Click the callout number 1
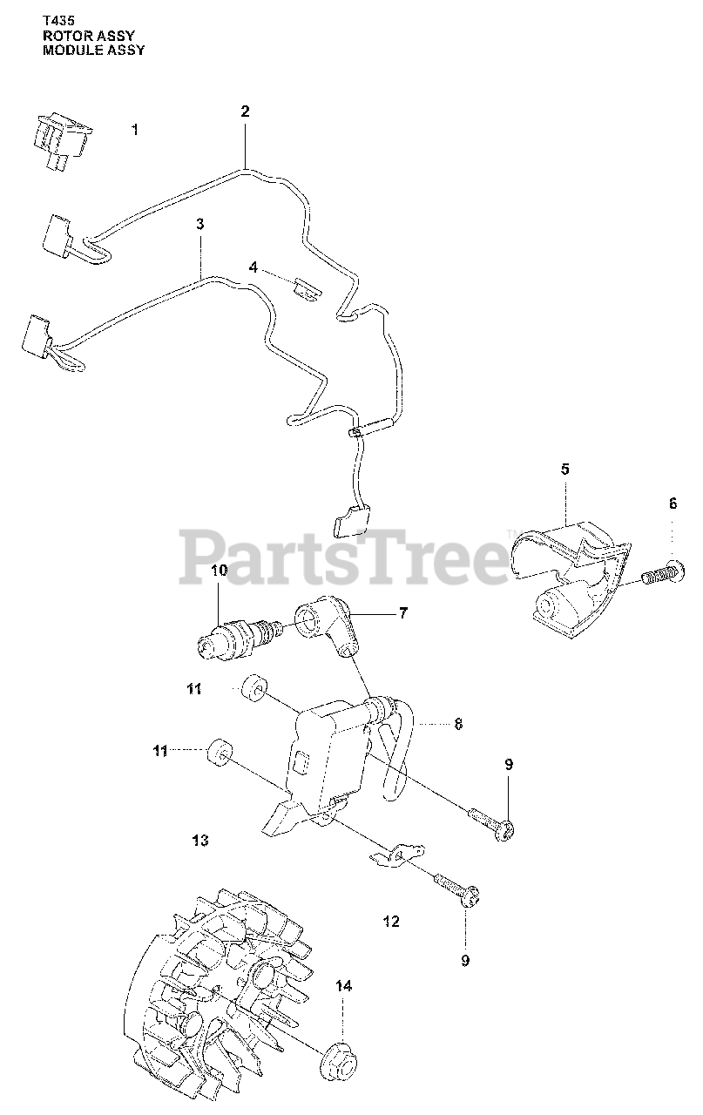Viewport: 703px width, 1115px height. click(x=134, y=130)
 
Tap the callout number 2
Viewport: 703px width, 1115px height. click(x=245, y=111)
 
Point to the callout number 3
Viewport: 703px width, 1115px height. click(x=199, y=224)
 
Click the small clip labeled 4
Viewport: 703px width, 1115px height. click(x=304, y=286)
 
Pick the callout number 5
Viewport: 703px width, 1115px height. click(x=564, y=469)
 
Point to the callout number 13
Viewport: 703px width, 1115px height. click(x=199, y=841)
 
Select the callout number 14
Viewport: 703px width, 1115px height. click(x=343, y=986)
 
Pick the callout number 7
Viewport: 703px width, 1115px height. click(x=403, y=613)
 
